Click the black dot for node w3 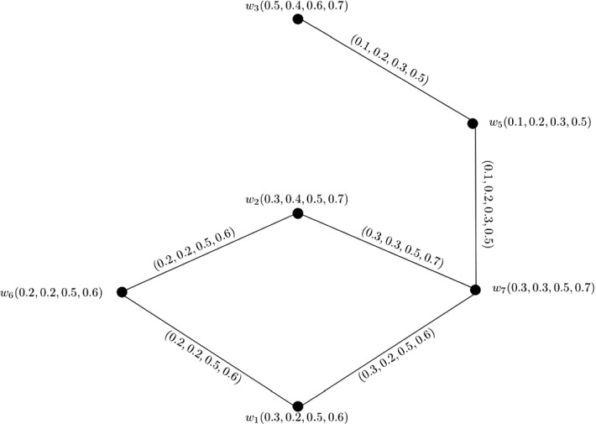pyautogui.click(x=297, y=18)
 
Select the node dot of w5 pyautogui.click(x=473, y=123)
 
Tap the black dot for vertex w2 pyautogui.click(x=297, y=214)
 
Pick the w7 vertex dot pyautogui.click(x=474, y=290)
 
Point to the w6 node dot pyautogui.click(x=122, y=291)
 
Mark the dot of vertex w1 pyautogui.click(x=297, y=406)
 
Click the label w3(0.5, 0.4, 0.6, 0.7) pyautogui.click(x=298, y=6)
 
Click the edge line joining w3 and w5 pyautogui.click(x=384, y=71)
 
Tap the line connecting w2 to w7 pyautogui.click(x=385, y=252)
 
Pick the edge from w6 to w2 pyautogui.click(x=210, y=253)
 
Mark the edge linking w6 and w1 pyautogui.click(x=210, y=349)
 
